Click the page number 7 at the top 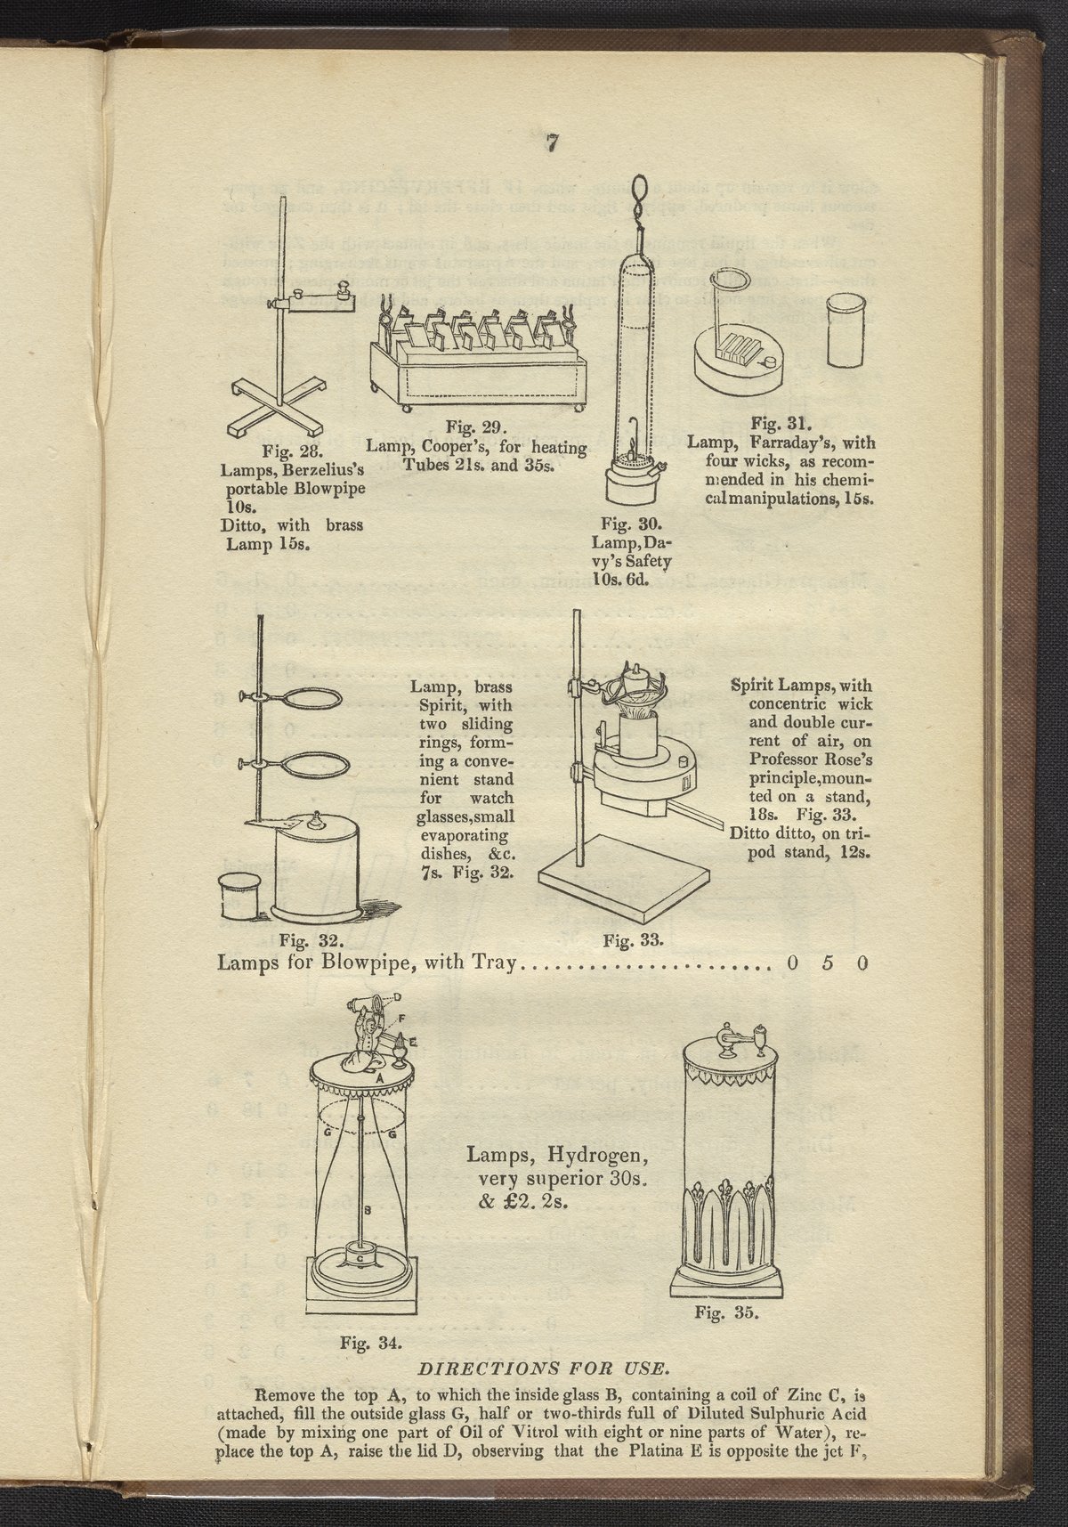pyautogui.click(x=553, y=143)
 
